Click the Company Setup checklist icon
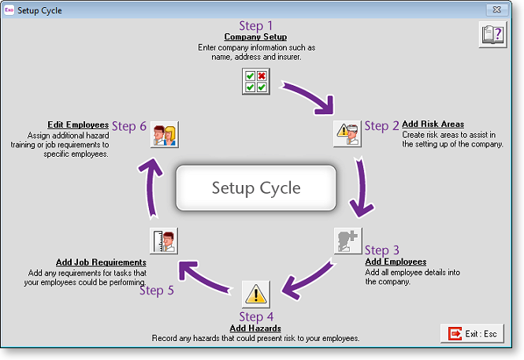(x=256, y=81)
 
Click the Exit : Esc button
(x=473, y=334)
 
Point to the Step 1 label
(x=255, y=26)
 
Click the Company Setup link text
(x=255, y=37)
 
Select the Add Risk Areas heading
(x=433, y=124)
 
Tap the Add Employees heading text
(x=396, y=262)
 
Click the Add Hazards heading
(x=255, y=328)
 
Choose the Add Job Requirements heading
(x=101, y=262)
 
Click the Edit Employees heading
(x=77, y=124)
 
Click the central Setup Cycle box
(x=256, y=188)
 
